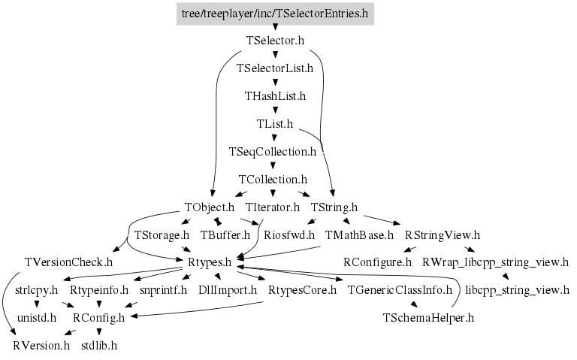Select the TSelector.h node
point(275,41)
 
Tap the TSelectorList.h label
point(275,68)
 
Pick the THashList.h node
point(275,96)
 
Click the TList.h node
point(275,124)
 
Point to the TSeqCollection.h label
point(273,152)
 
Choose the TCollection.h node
point(273,180)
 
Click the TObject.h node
point(210,207)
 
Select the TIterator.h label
point(273,207)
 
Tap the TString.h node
point(334,207)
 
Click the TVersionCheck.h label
point(68,263)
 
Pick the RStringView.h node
point(443,235)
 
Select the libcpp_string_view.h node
point(517,290)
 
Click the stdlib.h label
point(99,346)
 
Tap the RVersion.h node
point(41,346)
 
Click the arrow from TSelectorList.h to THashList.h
point(275,83)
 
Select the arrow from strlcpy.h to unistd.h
point(38,304)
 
